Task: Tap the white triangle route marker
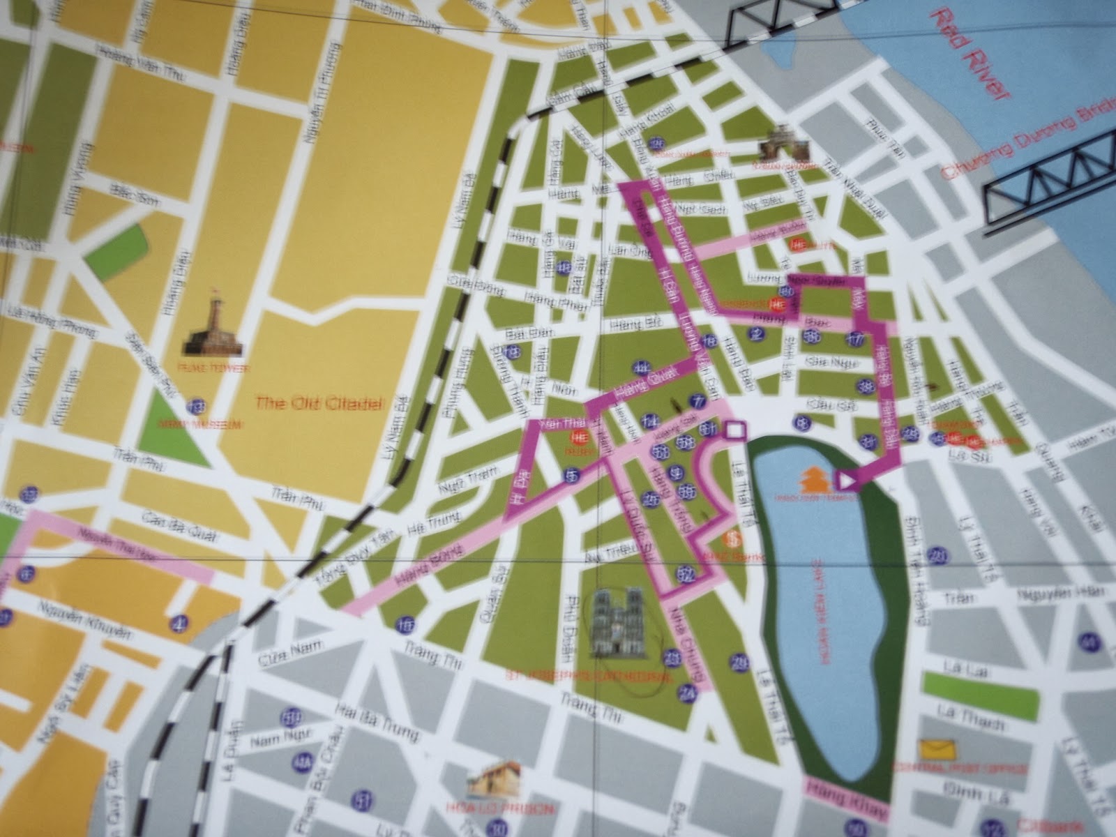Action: point(847,481)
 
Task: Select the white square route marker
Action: point(735,431)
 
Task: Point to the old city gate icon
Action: point(786,146)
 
